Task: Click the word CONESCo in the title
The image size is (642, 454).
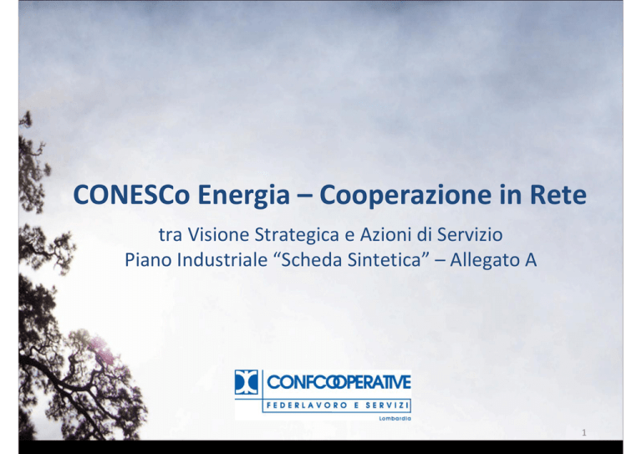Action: point(131,195)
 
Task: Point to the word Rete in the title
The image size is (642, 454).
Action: point(558,195)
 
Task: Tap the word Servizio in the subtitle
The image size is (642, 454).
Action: point(470,235)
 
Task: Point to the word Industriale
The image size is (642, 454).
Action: point(222,260)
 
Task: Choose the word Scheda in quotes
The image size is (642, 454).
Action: point(311,260)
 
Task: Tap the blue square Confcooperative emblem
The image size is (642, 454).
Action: point(247,382)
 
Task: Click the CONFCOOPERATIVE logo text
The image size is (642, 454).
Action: point(339,382)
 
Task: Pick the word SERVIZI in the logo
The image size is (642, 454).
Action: point(387,406)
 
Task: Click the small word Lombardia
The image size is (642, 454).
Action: point(395,418)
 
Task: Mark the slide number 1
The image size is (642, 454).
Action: point(584,433)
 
